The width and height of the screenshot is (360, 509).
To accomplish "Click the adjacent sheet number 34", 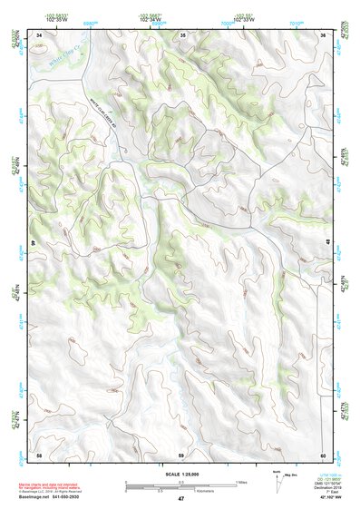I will pyautogui.click(x=39, y=34).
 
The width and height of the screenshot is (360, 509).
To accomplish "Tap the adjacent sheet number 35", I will pyautogui.click(x=182, y=34).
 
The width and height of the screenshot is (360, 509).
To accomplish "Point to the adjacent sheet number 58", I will pyautogui.click(x=39, y=453).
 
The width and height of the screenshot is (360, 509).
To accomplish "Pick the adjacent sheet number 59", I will pyautogui.click(x=181, y=453).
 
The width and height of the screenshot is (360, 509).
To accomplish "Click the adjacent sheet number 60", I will pyautogui.click(x=323, y=453).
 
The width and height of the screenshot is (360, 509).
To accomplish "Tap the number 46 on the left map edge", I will pyautogui.click(x=36, y=243).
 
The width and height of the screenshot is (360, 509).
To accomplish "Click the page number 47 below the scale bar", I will pyautogui.click(x=180, y=499).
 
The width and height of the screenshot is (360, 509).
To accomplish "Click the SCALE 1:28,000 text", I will pyautogui.click(x=180, y=474).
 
